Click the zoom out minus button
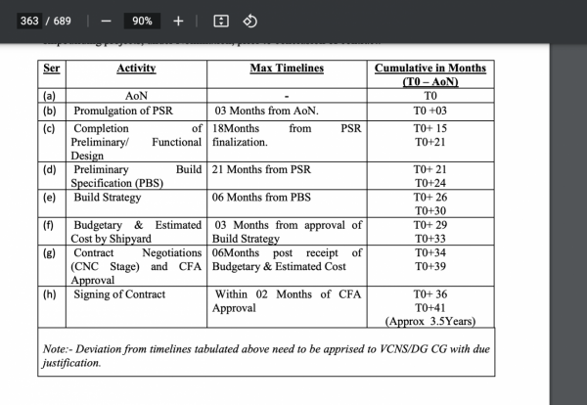tap(106, 21)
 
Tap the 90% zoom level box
tap(142, 21)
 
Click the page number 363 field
tap(29, 21)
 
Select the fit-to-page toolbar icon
tap(221, 21)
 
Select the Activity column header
tap(136, 68)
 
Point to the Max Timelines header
tap(287, 68)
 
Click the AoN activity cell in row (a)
tap(136, 97)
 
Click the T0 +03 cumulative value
tap(430, 112)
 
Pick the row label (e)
tap(50, 198)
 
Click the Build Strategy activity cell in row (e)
tap(107, 198)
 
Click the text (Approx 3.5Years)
tap(430, 321)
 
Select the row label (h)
tap(50, 293)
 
